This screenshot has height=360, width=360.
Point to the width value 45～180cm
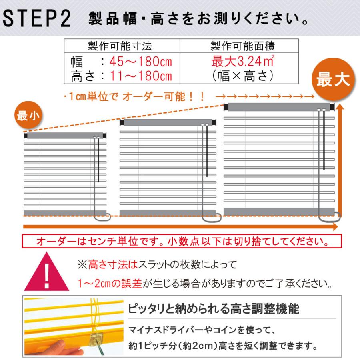pos(136,62)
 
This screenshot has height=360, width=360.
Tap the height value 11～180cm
pos(136,75)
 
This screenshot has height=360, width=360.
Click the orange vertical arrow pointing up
pos(340,160)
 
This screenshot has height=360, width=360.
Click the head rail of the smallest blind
pos(66,136)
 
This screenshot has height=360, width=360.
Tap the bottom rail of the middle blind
pos(168,212)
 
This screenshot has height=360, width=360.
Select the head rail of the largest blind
pos(279,107)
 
